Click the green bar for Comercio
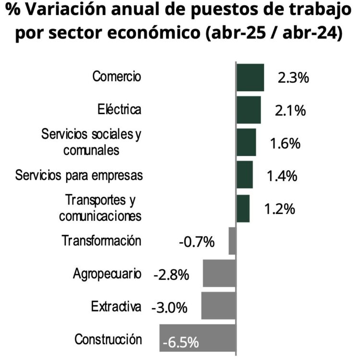[x=250, y=77]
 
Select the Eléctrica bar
[x=249, y=110]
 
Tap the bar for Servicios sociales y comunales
[x=246, y=142]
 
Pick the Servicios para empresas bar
[x=245, y=175]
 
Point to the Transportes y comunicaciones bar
[x=243, y=208]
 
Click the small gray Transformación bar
[x=232, y=240]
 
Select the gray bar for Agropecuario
[x=219, y=273]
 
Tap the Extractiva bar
[x=218, y=306]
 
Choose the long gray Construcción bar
[x=198, y=340]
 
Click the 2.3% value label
[x=293, y=78]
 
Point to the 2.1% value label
[x=290, y=110]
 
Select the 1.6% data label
[x=285, y=143]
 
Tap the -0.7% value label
[x=196, y=241]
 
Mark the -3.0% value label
[x=169, y=307]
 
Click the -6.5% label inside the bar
[x=180, y=343]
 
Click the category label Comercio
[x=117, y=76]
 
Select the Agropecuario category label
[x=108, y=274]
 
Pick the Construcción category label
[x=108, y=339]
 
